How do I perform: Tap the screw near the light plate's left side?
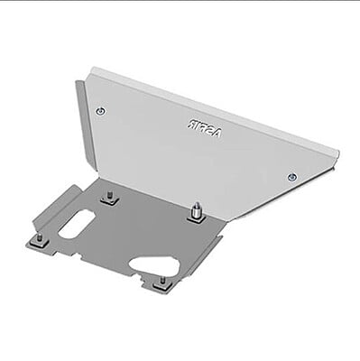click(100, 110)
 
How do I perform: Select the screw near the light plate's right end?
click(291, 177)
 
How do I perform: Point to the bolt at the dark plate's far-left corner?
click(40, 241)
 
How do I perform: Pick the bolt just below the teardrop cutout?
click(161, 282)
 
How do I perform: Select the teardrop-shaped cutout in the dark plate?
click(154, 264)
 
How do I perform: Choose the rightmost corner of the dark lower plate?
click(222, 236)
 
